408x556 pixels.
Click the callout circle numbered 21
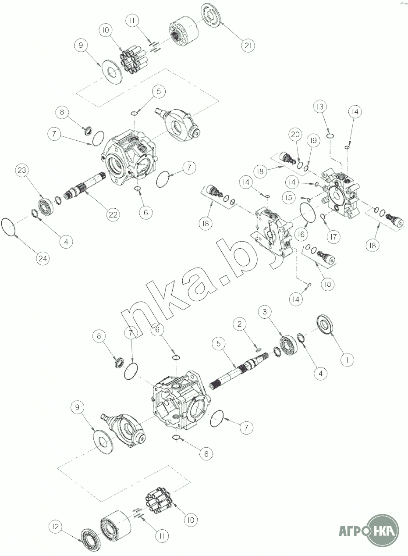point(248,46)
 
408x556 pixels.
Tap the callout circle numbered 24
point(43,258)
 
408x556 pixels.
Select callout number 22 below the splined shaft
point(113,214)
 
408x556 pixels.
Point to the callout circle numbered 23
point(22,170)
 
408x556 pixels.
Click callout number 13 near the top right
point(320,107)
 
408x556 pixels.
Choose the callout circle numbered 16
point(301,234)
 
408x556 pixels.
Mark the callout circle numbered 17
point(333,236)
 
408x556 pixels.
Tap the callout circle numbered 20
point(295,134)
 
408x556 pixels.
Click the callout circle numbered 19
point(313,140)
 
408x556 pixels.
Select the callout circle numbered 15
point(289,198)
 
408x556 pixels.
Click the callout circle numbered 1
point(347,360)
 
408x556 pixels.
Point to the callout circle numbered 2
point(239,324)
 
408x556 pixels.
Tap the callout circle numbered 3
point(265,311)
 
